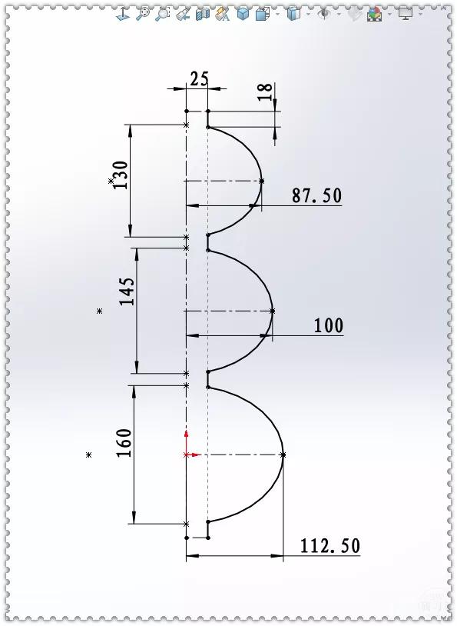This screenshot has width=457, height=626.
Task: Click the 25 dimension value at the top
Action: coord(199,78)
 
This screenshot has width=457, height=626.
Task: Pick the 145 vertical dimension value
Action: coord(127,291)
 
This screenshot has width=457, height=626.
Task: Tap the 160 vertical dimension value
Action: coord(125,444)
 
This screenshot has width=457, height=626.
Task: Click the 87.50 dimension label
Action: coord(316,196)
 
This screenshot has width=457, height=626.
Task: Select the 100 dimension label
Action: coord(328,326)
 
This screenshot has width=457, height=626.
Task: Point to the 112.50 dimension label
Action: coord(330,546)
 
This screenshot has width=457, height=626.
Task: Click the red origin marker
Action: coord(187,454)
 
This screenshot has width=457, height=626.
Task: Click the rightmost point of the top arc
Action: coord(261,181)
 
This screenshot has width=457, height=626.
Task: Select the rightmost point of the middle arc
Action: coord(273,311)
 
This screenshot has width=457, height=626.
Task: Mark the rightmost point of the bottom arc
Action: coord(283,455)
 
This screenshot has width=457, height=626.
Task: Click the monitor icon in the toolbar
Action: coord(405,13)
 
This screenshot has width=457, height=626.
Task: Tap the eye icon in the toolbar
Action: coord(325,13)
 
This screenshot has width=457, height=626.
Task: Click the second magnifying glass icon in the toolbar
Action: coord(162,13)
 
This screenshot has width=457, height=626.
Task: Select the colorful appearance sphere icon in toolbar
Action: coord(375,13)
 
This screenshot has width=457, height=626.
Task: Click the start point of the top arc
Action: coord(208,127)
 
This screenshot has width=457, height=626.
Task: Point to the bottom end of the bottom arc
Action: coord(208,522)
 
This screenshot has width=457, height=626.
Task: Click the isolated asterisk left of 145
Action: coord(99,311)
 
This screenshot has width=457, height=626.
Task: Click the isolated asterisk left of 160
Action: coord(89,455)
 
